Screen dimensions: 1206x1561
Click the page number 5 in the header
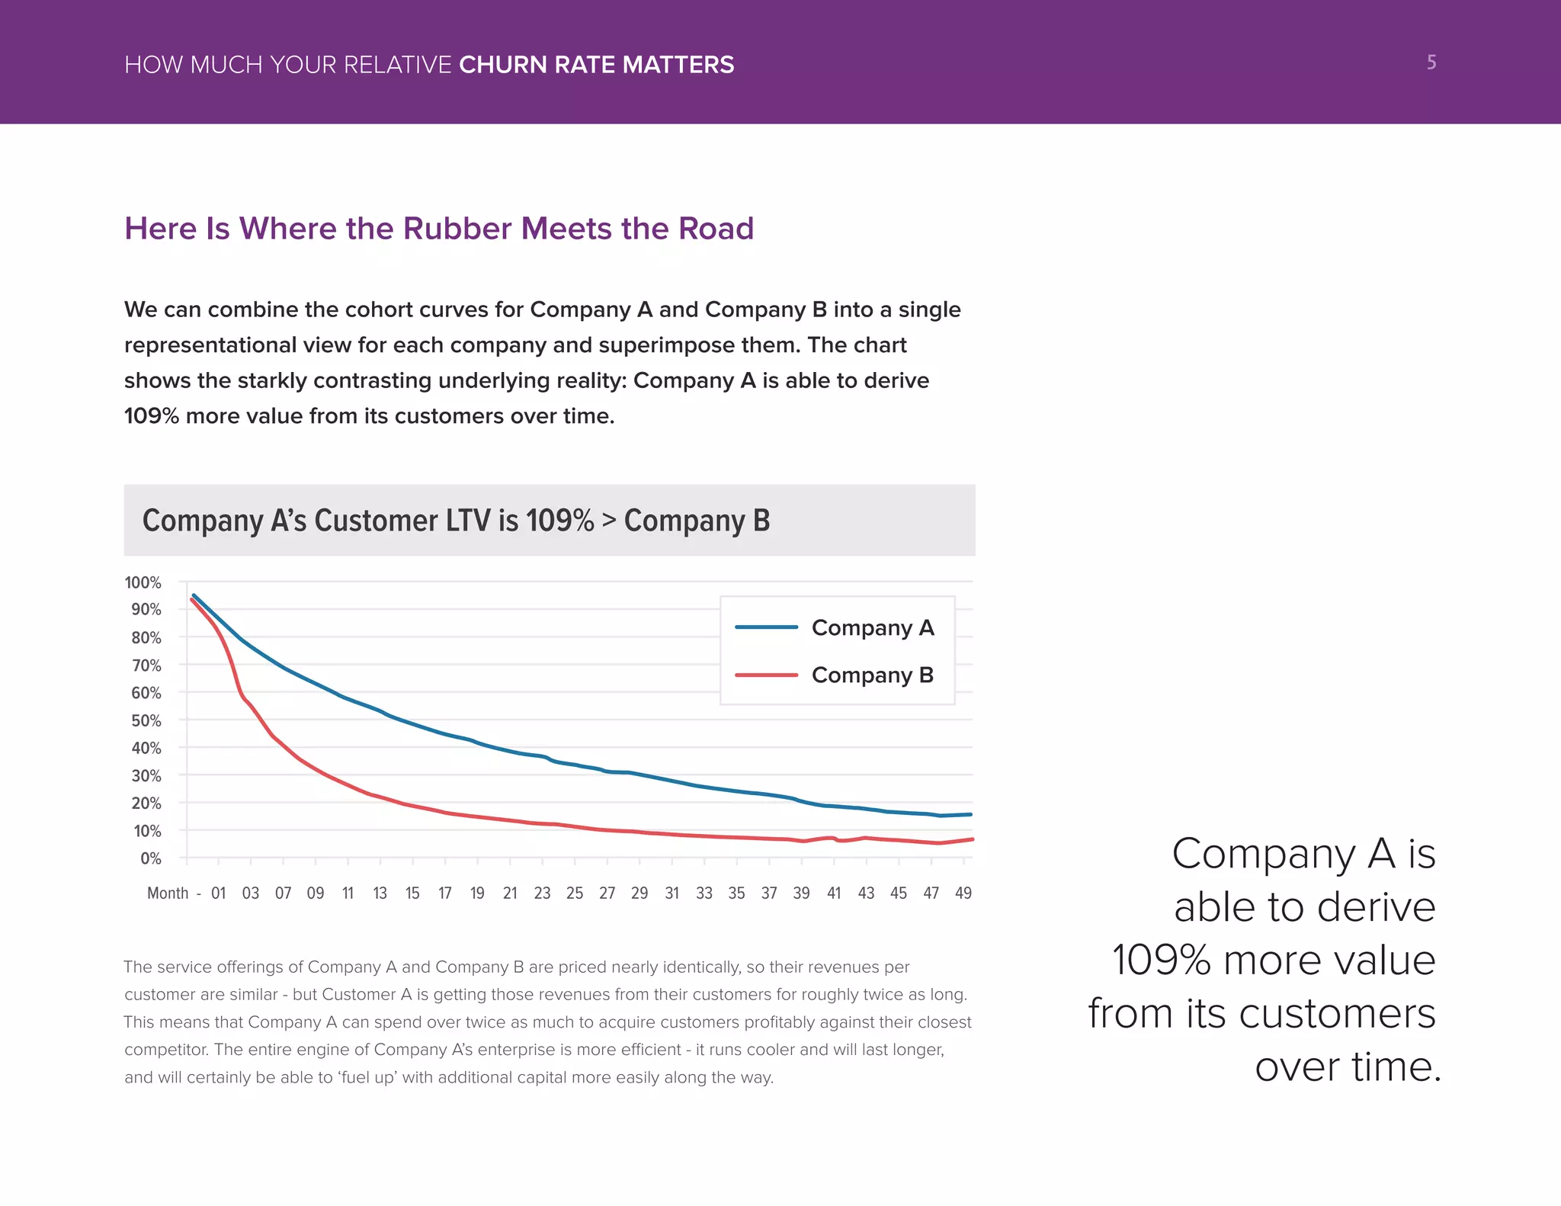[1431, 63]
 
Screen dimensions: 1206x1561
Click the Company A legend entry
[872, 627]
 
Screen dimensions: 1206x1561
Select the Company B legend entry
[872, 675]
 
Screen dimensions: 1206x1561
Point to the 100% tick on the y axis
[143, 582]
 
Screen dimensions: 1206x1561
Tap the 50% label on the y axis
[146, 720]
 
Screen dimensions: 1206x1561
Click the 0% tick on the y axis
[151, 858]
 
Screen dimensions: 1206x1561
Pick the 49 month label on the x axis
[963, 893]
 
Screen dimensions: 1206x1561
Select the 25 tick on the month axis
[575, 893]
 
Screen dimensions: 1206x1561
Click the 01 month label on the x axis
[219, 893]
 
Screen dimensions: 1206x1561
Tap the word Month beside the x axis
[168, 893]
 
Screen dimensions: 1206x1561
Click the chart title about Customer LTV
[456, 521]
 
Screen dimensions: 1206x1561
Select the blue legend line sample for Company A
[766, 627]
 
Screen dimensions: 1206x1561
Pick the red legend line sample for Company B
[766, 675]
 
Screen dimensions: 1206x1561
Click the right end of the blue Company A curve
[970, 815]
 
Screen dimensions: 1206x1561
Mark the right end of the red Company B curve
[972, 839]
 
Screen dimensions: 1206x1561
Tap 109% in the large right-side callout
[1161, 960]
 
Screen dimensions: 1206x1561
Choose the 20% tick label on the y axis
[146, 803]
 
